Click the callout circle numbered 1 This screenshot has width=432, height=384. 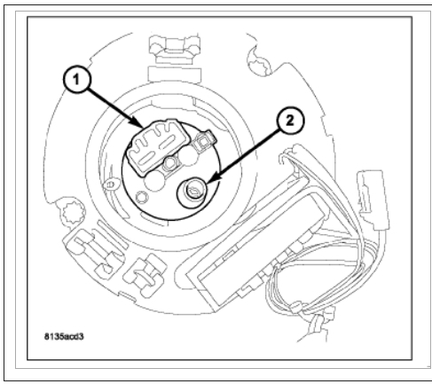pyautogui.click(x=77, y=80)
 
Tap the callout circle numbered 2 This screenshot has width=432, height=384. pyautogui.click(x=290, y=121)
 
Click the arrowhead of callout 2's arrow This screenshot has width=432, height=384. pyautogui.click(x=212, y=179)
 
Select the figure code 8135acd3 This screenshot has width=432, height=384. pyautogui.click(x=64, y=336)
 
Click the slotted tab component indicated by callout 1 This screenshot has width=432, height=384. pyautogui.click(x=156, y=146)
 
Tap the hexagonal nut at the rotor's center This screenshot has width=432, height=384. pyautogui.click(x=170, y=163)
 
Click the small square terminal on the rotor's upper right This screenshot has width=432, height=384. pyautogui.click(x=202, y=143)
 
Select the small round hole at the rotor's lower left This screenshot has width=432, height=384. pyautogui.click(x=142, y=197)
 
